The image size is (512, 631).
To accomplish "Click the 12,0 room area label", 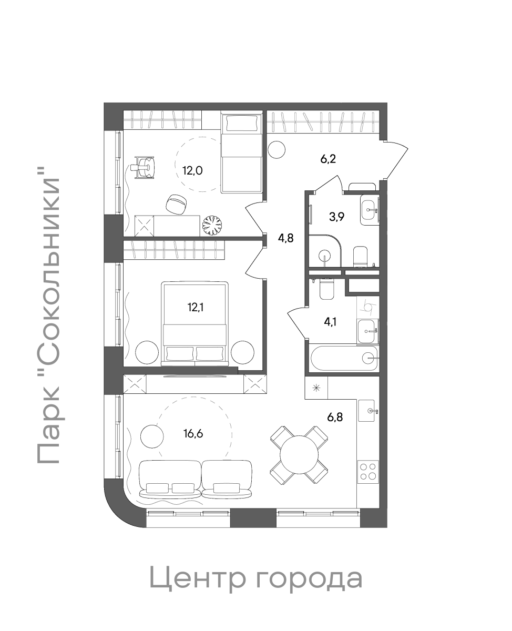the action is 192,171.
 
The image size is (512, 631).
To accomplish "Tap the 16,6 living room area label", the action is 193,434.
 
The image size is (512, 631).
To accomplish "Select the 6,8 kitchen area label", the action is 335,418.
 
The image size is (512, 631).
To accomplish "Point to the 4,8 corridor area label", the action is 286,238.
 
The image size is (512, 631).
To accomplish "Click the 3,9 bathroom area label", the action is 337,217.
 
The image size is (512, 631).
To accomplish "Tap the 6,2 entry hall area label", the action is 328,159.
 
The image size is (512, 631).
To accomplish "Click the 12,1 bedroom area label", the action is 196,308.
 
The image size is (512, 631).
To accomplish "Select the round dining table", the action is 299,455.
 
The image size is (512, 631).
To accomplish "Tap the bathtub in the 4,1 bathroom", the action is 344,358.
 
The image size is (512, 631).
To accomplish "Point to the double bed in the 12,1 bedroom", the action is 195,323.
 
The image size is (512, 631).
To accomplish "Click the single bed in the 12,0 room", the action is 242,154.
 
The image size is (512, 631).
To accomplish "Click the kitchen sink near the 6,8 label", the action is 368,411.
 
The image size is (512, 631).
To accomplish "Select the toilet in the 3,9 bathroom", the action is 360,256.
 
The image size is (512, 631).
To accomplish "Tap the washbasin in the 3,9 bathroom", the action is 370,210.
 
